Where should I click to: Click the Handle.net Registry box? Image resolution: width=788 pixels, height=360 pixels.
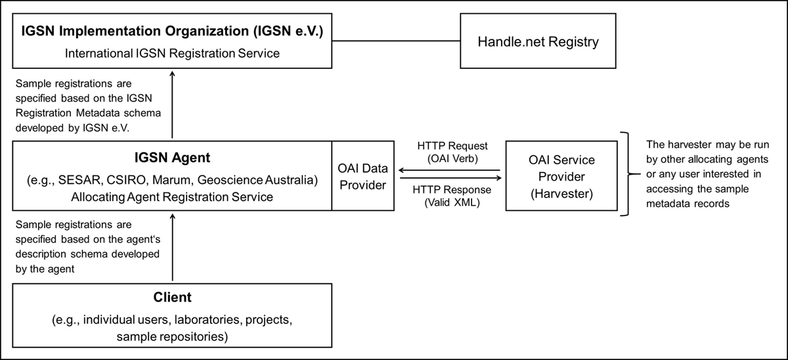click(x=538, y=43)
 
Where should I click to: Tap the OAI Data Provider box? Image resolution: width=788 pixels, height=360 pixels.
click(x=363, y=175)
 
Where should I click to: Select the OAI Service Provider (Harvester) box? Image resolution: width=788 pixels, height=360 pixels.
click(x=561, y=175)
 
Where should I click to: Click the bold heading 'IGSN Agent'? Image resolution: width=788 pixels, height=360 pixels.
click(x=173, y=158)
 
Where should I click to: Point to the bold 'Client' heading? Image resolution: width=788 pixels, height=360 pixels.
click(x=173, y=298)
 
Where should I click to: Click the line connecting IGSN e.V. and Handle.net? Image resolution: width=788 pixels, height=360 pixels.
click(x=395, y=43)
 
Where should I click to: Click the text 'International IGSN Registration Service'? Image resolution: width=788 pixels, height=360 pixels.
click(x=173, y=53)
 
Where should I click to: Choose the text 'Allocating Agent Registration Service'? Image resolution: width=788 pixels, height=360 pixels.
click(x=173, y=195)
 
